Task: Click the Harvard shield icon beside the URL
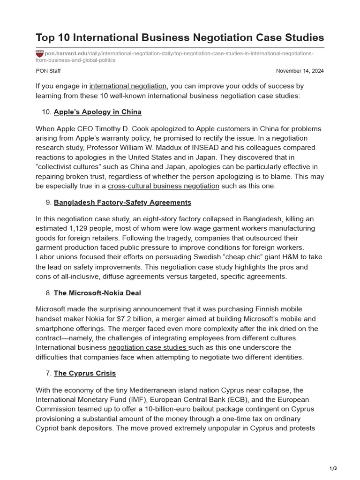coord(39,54)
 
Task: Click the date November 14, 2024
coord(300,71)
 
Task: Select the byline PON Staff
coord(48,71)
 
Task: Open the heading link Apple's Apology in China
coord(97,112)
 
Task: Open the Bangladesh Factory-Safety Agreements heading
coord(122,202)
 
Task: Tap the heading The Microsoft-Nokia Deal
coord(97,293)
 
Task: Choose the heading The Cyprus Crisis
coord(84,374)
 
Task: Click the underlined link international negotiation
coord(128,86)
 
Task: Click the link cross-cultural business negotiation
coord(164,186)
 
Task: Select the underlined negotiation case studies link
coord(148,347)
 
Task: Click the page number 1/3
coord(333,468)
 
